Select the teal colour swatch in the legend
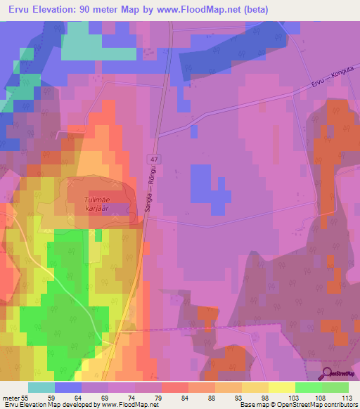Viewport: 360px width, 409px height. coord(41,387)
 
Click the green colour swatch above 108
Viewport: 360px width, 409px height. coord(308,387)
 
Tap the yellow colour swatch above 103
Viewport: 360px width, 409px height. coord(281,387)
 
